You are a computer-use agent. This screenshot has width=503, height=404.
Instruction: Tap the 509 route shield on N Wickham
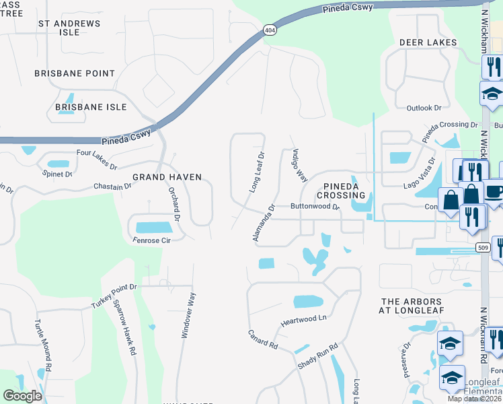pos(481,246)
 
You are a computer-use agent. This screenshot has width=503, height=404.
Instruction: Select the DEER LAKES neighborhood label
pos(428,42)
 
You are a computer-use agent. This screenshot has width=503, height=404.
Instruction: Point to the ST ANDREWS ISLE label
pos(69,28)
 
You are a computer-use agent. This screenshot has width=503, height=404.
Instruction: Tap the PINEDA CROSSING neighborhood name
pos(345,190)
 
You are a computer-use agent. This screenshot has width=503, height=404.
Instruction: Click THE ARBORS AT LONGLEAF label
pos(411,306)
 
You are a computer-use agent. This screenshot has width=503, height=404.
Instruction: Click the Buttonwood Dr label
pos(315,207)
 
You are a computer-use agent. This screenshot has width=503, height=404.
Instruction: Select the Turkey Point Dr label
pos(114,296)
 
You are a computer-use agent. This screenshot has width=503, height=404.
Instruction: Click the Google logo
pos(23,396)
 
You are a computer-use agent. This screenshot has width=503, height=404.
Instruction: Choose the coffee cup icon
pos(495,191)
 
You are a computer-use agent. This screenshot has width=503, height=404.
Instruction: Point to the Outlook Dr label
pos(424,108)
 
